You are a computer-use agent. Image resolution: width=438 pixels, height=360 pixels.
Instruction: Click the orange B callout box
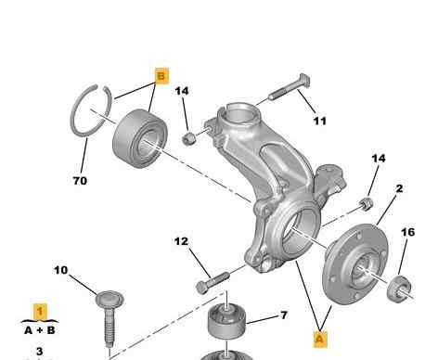[161, 76]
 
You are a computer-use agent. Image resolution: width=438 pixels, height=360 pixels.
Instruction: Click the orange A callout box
[320, 339]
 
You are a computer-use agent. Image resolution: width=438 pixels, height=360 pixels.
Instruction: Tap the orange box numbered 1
[40, 312]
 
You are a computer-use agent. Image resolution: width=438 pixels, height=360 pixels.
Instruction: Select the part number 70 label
[80, 181]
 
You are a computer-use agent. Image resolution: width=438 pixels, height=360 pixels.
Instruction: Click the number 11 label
[320, 121]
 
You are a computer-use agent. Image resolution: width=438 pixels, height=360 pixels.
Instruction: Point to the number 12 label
[181, 241]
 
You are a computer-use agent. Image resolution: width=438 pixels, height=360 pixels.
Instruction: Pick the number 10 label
[60, 270]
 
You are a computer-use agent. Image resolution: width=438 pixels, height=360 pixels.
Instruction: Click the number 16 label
[407, 232]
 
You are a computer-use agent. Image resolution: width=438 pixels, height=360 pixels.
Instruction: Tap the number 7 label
[284, 315]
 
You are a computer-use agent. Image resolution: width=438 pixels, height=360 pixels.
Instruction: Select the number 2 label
[400, 188]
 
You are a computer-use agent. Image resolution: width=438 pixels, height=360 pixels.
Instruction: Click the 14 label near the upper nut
[182, 91]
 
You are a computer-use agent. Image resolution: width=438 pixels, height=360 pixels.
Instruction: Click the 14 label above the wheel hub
[379, 159]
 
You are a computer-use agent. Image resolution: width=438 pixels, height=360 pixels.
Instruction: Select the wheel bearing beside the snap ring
[140, 138]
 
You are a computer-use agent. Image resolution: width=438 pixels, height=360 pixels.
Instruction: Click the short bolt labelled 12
[213, 283]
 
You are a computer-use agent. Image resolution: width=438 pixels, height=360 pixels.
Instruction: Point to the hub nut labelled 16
[399, 289]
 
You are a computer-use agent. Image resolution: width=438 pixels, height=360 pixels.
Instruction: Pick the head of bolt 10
[109, 299]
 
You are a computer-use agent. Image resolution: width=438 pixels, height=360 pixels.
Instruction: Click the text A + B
[40, 330]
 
